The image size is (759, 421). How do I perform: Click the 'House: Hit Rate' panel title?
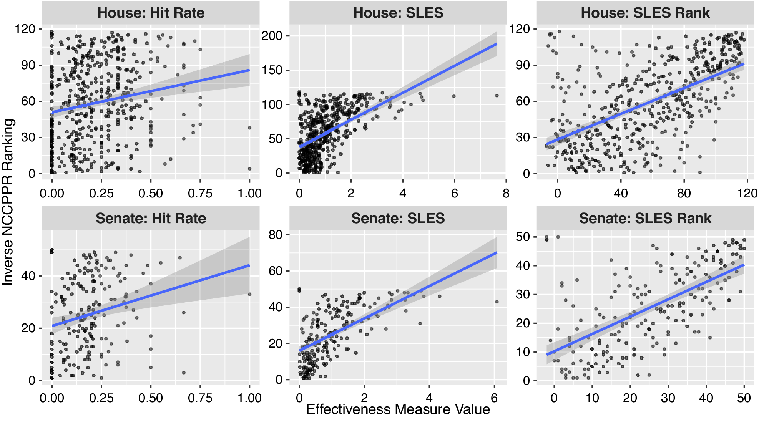tap(151, 13)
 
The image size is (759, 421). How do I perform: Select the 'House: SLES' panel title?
tap(398, 13)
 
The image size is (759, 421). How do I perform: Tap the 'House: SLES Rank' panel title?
tap(645, 13)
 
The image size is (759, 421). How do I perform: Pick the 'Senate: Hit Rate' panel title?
tap(151, 218)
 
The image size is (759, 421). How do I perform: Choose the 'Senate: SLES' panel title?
tap(398, 218)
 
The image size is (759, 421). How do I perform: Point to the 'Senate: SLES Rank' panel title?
tap(645, 218)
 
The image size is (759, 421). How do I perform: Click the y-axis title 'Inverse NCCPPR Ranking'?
tap(8, 202)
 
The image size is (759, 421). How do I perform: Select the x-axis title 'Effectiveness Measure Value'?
tap(398, 409)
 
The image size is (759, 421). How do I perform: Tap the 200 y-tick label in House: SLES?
tap(272, 36)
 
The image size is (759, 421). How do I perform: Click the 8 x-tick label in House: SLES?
tap(506, 193)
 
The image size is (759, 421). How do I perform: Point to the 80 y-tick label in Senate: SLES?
tap(276, 235)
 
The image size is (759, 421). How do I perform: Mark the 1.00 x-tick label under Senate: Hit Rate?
tap(249, 398)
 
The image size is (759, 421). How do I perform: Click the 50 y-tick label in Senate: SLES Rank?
tap(523, 237)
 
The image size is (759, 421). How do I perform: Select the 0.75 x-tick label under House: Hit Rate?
tap(200, 193)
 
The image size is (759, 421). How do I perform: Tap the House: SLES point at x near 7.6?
tap(497, 96)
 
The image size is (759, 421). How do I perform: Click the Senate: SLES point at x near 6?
tap(497, 302)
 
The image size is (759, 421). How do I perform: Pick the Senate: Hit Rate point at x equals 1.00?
tap(249, 294)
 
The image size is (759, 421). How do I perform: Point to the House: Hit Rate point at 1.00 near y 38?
tap(249, 128)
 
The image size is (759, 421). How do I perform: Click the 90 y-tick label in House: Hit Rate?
tap(28, 65)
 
